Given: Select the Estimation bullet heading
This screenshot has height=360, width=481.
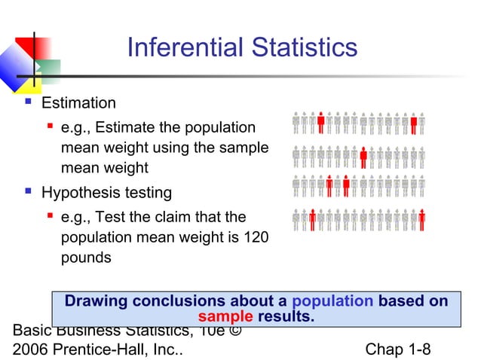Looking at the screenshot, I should coord(78,103).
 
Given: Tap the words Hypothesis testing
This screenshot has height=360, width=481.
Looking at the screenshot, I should coord(106,193).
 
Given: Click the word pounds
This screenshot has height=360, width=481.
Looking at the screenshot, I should coord(86,258).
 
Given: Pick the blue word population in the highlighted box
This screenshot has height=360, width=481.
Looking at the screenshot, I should coord(332,301).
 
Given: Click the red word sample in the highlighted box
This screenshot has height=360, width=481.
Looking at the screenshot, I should coord(225,316).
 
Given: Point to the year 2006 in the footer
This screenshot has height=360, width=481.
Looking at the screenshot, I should coord(30,349).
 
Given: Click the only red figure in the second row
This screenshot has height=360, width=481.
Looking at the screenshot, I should coord(363,157).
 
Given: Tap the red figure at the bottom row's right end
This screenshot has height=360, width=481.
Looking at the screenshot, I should coord(421,219).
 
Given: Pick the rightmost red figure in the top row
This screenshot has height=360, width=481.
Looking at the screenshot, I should coord(413,122).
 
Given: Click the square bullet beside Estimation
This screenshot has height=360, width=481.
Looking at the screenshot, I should coord(28,102).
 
